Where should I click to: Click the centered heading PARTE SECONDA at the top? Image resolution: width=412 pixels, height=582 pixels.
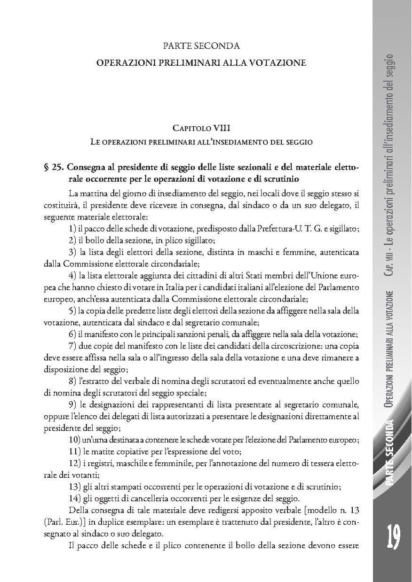pyautogui.click(x=201, y=46)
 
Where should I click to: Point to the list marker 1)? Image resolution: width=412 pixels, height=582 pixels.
pyautogui.click(x=72, y=229)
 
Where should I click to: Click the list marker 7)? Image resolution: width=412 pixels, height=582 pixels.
pyautogui.click(x=72, y=347)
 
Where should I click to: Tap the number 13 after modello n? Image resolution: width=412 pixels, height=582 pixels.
pyautogui.click(x=355, y=510)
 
